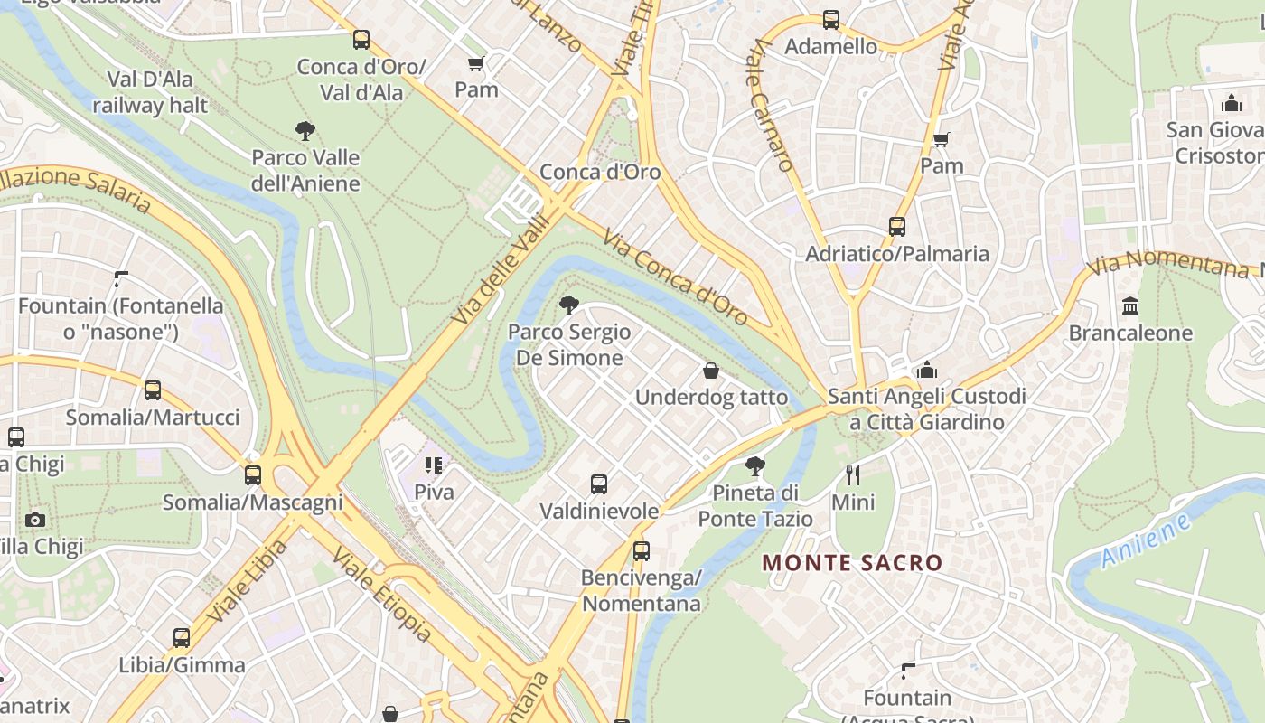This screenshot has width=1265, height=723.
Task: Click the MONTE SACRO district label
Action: [x=852, y=563]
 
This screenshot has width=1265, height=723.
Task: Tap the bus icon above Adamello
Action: [x=830, y=19]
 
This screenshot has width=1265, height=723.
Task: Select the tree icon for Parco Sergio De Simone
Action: [x=568, y=305]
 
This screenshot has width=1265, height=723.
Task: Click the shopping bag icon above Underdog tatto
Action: [x=711, y=371]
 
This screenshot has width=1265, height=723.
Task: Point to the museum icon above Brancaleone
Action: [x=1130, y=306]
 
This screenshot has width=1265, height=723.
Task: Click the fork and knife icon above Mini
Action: [x=852, y=474]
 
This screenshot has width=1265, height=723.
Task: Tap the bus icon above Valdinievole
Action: [x=599, y=484]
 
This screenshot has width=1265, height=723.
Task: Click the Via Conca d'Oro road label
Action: [x=675, y=277]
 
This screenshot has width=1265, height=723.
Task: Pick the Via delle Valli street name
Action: [x=500, y=269]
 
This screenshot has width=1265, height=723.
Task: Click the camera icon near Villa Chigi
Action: [x=35, y=520]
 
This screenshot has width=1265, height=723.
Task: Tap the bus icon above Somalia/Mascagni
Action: [x=253, y=475]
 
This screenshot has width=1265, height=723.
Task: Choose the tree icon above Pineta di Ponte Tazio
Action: [x=755, y=466]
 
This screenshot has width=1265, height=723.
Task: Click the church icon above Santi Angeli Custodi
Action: [x=927, y=370]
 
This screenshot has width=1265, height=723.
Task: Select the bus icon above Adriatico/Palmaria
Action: [x=896, y=227]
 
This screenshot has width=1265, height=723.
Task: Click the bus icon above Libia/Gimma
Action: [x=182, y=638]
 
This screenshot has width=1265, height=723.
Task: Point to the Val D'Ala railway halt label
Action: [x=150, y=92]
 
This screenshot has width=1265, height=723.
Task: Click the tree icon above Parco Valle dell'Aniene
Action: [x=305, y=131]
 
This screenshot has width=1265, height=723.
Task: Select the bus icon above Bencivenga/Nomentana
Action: [x=642, y=550]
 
